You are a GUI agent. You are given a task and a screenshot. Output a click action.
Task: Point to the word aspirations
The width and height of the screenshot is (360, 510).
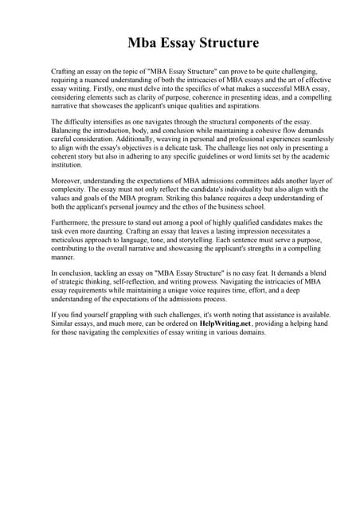coord(237,105)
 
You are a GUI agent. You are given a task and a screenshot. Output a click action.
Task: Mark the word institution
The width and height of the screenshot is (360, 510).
coord(69,165)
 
